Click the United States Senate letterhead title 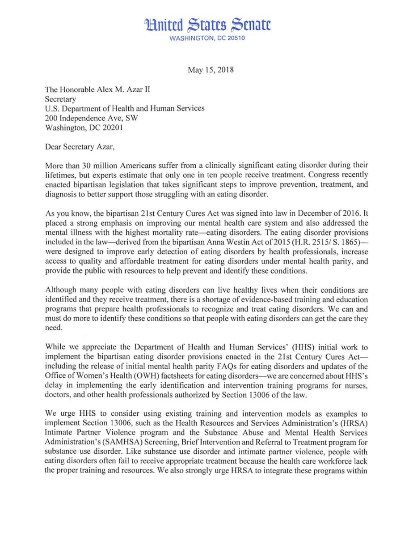coord(206,25)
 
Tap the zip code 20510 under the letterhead coord(235,38)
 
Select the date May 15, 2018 coord(206,70)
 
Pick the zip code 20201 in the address coord(110,127)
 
